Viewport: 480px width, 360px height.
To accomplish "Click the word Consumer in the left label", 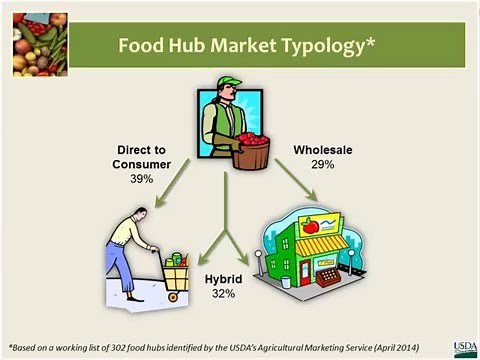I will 142,163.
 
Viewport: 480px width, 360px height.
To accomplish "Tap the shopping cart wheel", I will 172,296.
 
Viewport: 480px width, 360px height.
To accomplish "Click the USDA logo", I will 465,346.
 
